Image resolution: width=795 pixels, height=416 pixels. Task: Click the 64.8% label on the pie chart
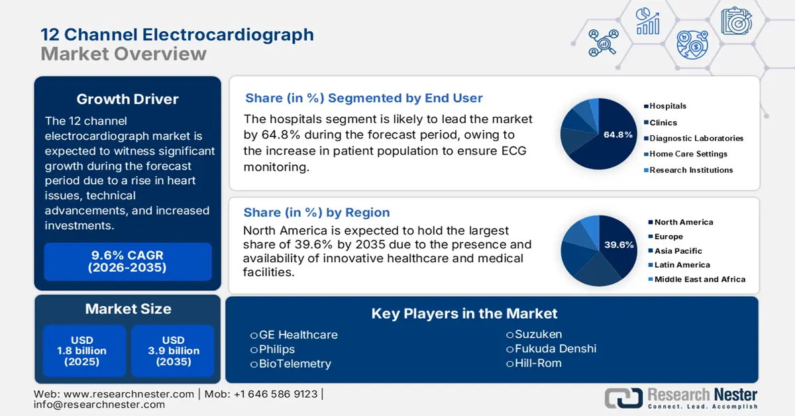[x=617, y=134]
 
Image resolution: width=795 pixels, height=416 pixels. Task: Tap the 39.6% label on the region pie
[x=618, y=244]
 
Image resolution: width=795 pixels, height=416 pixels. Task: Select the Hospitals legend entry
[x=667, y=106]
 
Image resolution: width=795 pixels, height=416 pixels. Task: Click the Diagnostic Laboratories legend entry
[x=696, y=138]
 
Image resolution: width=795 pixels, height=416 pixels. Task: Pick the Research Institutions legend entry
[x=690, y=170]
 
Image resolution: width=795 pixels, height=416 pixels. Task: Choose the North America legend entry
[x=683, y=223]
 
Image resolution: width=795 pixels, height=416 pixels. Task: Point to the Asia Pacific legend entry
[x=678, y=251]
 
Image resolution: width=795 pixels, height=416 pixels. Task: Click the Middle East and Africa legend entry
[x=699, y=280]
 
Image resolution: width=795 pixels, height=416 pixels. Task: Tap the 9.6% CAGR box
[x=128, y=262]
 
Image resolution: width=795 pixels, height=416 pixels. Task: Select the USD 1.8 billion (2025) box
[x=85, y=350]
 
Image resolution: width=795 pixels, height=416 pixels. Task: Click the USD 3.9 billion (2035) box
[x=174, y=350]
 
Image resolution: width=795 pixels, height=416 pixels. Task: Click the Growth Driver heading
[x=128, y=99]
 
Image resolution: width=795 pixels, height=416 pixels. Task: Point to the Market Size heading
[x=128, y=309]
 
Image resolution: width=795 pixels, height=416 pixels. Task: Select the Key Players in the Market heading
[x=464, y=313]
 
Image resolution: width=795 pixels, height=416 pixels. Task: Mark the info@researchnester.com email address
[x=99, y=404]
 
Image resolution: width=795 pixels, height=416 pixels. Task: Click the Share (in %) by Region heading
[x=317, y=213]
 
